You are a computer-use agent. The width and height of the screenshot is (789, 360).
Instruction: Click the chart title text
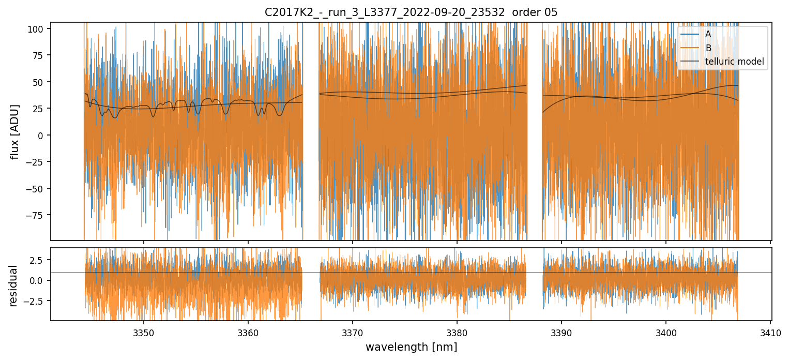pyautogui.click(x=411, y=12)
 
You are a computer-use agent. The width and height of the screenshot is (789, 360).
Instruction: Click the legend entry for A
pyautogui.click(x=708, y=34)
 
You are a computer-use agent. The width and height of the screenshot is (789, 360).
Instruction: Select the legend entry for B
pyautogui.click(x=708, y=48)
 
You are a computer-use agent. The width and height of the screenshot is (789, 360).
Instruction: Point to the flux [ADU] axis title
pyautogui.click(x=16, y=132)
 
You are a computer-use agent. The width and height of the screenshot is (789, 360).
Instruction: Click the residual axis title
pyautogui.click(x=13, y=286)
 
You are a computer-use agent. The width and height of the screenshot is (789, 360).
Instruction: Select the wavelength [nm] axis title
pyautogui.click(x=411, y=347)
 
